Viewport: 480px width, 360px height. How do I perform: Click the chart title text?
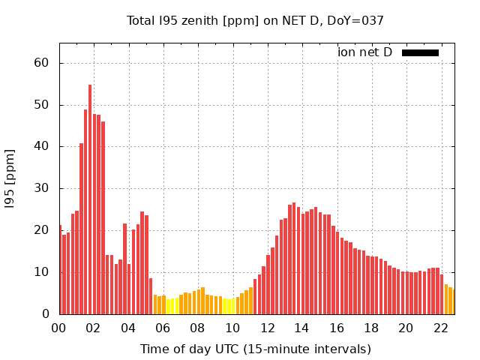[x=255, y=20]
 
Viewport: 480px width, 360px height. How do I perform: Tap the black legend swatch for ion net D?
[x=420, y=52]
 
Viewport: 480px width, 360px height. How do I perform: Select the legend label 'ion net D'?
[x=364, y=52]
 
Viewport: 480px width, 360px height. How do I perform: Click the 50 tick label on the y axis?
[x=41, y=105]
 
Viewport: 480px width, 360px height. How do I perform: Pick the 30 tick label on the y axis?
[x=41, y=188]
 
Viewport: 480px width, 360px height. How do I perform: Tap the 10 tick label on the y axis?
[x=41, y=272]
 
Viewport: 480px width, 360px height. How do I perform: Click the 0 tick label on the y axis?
[x=45, y=314]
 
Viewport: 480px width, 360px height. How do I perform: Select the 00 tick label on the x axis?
[x=59, y=328]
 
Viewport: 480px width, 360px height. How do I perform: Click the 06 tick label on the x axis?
[x=163, y=328]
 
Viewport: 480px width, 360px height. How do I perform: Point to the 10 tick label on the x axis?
[x=232, y=328]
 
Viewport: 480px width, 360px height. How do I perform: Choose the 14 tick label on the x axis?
[x=301, y=328]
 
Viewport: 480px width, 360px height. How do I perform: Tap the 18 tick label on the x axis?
[x=370, y=328]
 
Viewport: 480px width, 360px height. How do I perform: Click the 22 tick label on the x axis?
[x=440, y=328]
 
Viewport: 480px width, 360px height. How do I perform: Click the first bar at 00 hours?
[x=60, y=269]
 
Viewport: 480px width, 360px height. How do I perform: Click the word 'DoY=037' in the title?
[x=358, y=20]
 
